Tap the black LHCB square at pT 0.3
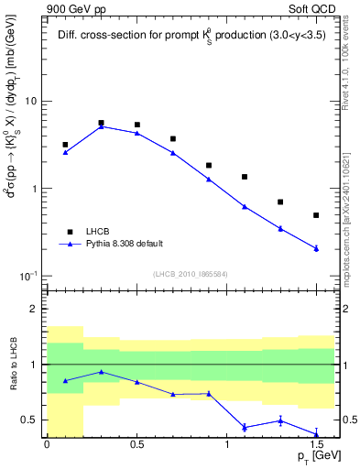coord(101,123)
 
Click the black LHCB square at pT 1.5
coord(316,215)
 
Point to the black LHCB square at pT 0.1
coord(65,145)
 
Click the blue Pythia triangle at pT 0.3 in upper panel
coord(101,126)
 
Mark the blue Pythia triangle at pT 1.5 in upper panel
coord(316,248)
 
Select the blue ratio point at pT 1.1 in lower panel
coord(245,427)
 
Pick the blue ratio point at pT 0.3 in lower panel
coord(101,372)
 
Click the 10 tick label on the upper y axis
coord(30,102)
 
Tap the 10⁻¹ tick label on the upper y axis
coord(27,276)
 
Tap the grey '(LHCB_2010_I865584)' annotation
coord(191,274)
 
